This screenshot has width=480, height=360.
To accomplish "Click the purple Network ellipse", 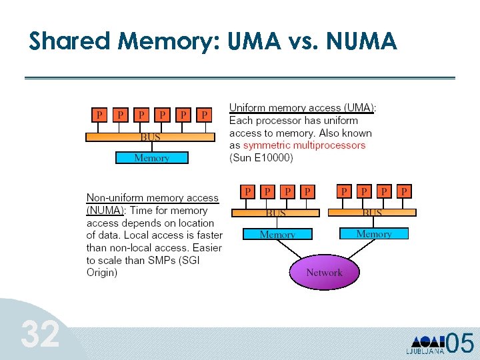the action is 325,272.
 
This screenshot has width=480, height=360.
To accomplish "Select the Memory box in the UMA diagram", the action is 152,157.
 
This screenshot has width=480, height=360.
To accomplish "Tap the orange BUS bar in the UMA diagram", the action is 150,137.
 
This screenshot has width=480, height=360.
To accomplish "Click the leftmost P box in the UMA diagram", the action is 99,115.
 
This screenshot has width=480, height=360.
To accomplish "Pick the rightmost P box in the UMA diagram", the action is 204,115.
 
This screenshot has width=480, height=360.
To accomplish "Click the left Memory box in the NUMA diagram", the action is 277,234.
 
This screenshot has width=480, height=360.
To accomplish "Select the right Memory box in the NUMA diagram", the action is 374,233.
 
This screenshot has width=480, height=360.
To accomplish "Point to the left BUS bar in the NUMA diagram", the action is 275,213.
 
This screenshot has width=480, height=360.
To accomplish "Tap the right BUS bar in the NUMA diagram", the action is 372,213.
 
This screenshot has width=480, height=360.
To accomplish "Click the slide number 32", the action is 40,334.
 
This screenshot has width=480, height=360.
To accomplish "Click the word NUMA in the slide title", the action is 361,41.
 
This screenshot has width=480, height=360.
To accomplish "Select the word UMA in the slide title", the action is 255,41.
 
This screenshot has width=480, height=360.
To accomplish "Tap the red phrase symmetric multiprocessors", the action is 304,145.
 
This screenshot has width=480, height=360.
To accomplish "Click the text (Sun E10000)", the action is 261,157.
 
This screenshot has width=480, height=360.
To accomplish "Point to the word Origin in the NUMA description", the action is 102,273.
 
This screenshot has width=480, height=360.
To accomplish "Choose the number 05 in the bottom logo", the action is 459,343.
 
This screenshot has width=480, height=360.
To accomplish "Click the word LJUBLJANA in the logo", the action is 425,351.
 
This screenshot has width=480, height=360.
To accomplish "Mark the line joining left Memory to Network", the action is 289,249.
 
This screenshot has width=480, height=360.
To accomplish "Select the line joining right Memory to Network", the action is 361,249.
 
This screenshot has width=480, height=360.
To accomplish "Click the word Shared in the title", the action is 69,41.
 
